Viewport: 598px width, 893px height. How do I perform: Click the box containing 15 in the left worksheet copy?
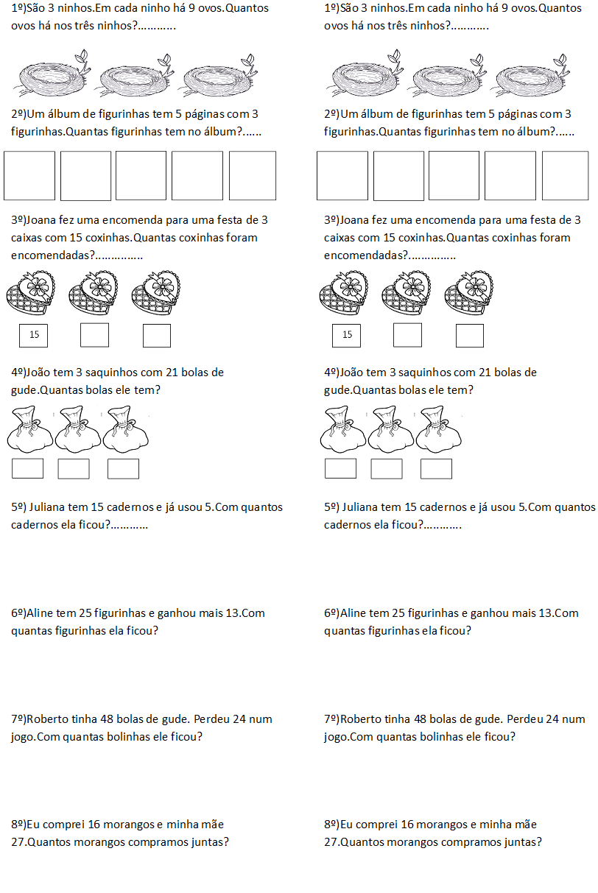click(34, 335)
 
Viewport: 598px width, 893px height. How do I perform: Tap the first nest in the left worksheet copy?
click(52, 77)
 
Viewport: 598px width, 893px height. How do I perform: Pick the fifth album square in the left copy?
click(252, 176)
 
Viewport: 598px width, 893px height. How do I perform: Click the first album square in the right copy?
click(342, 176)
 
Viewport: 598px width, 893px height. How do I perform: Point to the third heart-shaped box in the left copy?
click(155, 291)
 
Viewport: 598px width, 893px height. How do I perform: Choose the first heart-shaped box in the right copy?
click(343, 291)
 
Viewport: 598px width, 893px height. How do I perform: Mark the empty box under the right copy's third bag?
click(436, 469)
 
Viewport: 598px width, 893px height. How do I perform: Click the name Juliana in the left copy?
click(49, 507)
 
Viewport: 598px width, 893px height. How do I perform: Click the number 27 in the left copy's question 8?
click(18, 842)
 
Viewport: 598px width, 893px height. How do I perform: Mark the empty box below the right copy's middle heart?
click(407, 335)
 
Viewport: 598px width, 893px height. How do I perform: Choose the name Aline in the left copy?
click(40, 613)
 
